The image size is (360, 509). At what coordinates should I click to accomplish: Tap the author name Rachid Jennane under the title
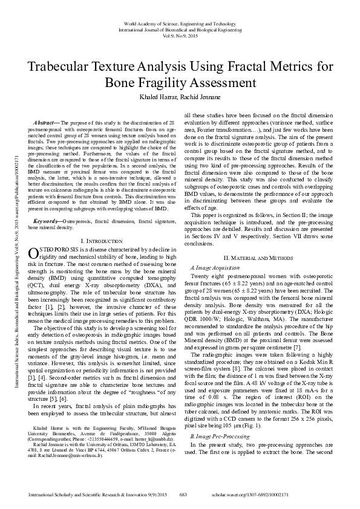(x=200, y=97)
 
